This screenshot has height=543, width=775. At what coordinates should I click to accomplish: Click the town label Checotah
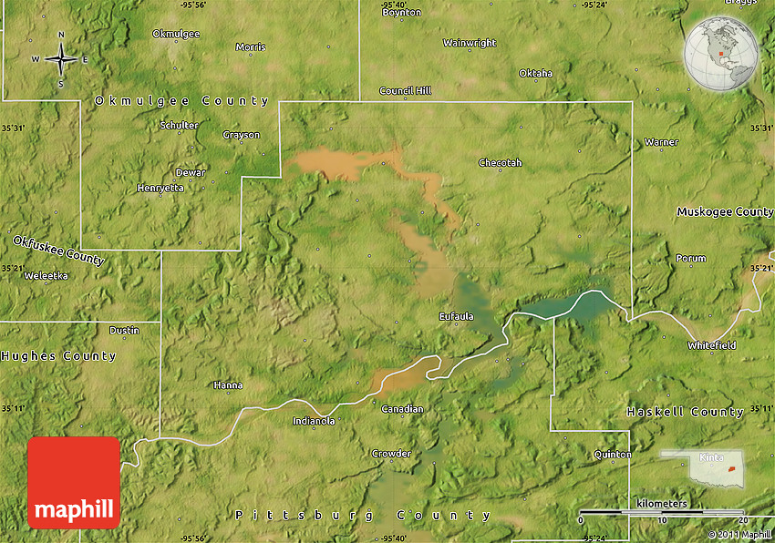[501, 163]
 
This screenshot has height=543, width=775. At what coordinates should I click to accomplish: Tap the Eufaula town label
[456, 316]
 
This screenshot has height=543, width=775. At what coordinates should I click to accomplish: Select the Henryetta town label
[160, 188]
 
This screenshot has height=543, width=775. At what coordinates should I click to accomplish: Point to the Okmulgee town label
[176, 34]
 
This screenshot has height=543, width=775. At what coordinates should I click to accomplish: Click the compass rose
[61, 59]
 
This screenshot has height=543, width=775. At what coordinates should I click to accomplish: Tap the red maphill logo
[74, 482]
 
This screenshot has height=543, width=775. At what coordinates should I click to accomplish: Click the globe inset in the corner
[720, 55]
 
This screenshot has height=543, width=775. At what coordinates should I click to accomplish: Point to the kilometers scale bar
[663, 512]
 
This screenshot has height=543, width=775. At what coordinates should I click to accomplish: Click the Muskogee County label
[725, 211]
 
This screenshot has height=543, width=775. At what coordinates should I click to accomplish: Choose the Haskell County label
[685, 413]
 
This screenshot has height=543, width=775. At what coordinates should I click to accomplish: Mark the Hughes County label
[58, 356]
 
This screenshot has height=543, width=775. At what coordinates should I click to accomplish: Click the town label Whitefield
[712, 346]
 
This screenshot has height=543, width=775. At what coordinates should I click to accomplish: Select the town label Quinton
[612, 454]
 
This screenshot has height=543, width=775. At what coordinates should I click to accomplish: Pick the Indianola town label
[314, 421]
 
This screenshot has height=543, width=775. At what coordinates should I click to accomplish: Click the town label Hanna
[228, 385]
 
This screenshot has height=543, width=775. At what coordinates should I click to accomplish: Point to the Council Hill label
[405, 91]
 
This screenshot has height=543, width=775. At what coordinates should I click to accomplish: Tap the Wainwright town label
[470, 43]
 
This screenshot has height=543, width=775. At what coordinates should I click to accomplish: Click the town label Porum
[690, 259]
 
